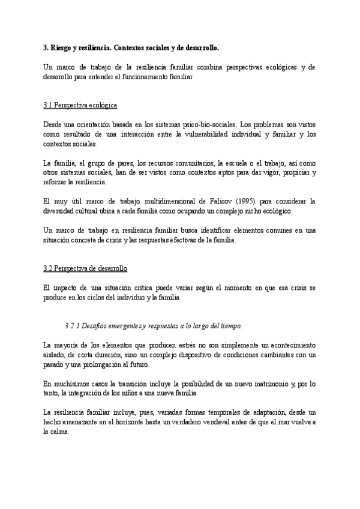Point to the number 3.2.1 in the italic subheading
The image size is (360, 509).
point(73,327)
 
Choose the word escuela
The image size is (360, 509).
point(231,163)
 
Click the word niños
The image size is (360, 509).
point(133,394)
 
